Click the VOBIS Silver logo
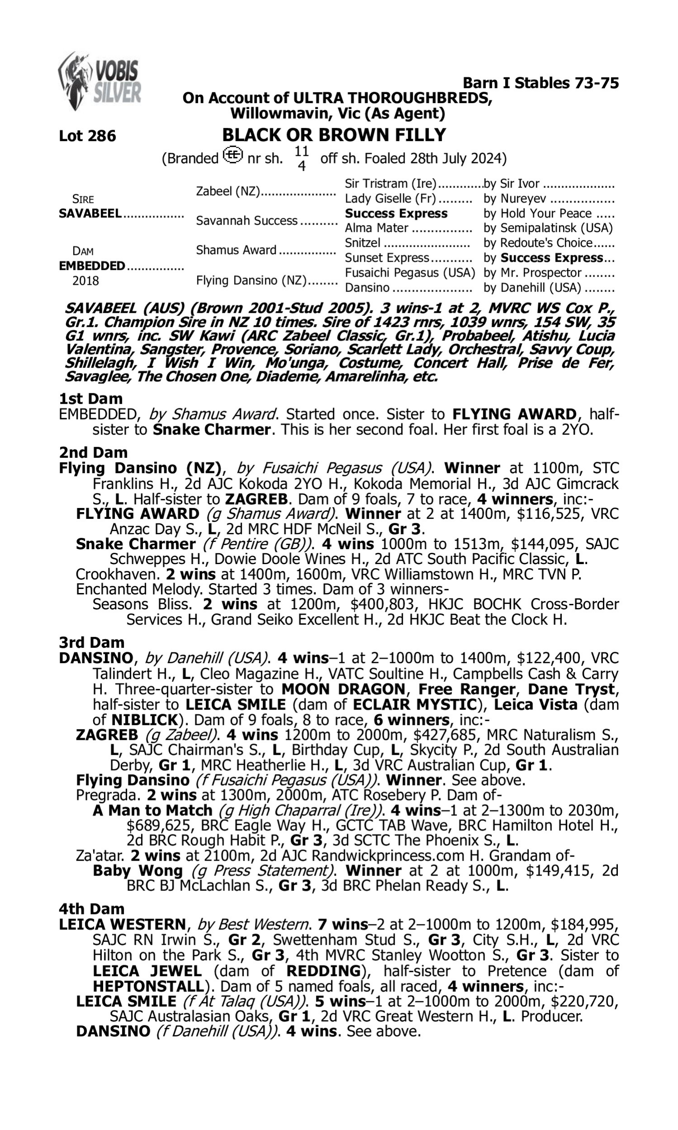(99, 81)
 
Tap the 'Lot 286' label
(87, 136)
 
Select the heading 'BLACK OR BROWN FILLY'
(334, 135)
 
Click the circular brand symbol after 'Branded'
(232, 155)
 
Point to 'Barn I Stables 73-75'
(541, 83)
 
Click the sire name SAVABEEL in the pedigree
(90, 214)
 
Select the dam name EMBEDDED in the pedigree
(92, 266)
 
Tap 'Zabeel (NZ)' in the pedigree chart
(227, 191)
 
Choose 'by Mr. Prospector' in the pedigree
(532, 273)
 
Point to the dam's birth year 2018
(85, 281)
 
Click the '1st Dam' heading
(90, 399)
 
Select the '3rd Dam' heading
(91, 643)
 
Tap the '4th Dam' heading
(91, 909)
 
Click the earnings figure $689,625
(156, 825)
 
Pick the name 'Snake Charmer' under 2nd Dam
(136, 544)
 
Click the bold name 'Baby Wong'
(137, 871)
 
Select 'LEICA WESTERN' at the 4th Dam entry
(122, 924)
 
